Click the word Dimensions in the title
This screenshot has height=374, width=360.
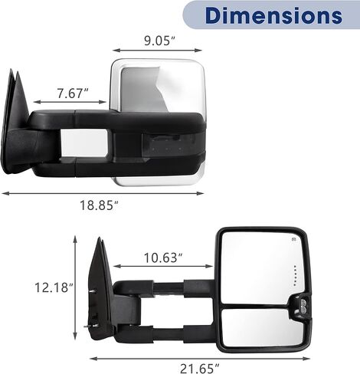point(273,15)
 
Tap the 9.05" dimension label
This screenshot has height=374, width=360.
point(159,41)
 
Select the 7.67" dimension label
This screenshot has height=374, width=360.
point(73,93)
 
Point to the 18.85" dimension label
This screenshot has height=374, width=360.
point(100,205)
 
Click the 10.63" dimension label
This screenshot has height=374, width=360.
point(163,258)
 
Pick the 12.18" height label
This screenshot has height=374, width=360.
point(54,287)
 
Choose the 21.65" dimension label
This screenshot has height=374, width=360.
point(200,369)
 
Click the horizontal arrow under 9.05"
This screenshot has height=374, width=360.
point(157,51)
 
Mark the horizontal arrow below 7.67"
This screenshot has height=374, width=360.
point(70,102)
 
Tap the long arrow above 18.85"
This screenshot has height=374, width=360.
point(103,193)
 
